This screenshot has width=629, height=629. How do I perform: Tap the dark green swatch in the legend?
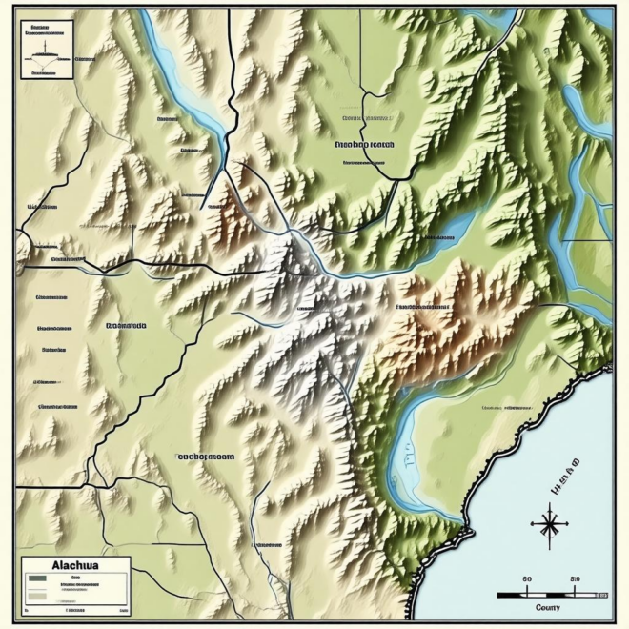point(37,578)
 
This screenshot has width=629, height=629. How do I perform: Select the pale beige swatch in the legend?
point(37,596)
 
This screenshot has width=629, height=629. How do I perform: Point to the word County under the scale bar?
point(548,607)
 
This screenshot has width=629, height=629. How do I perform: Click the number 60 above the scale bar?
point(527,578)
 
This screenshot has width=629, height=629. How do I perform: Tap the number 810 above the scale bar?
point(574,578)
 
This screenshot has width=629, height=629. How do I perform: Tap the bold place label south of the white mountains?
point(205,456)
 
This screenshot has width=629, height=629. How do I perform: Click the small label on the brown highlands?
point(423,308)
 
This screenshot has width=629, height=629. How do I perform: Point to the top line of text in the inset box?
point(40,29)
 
